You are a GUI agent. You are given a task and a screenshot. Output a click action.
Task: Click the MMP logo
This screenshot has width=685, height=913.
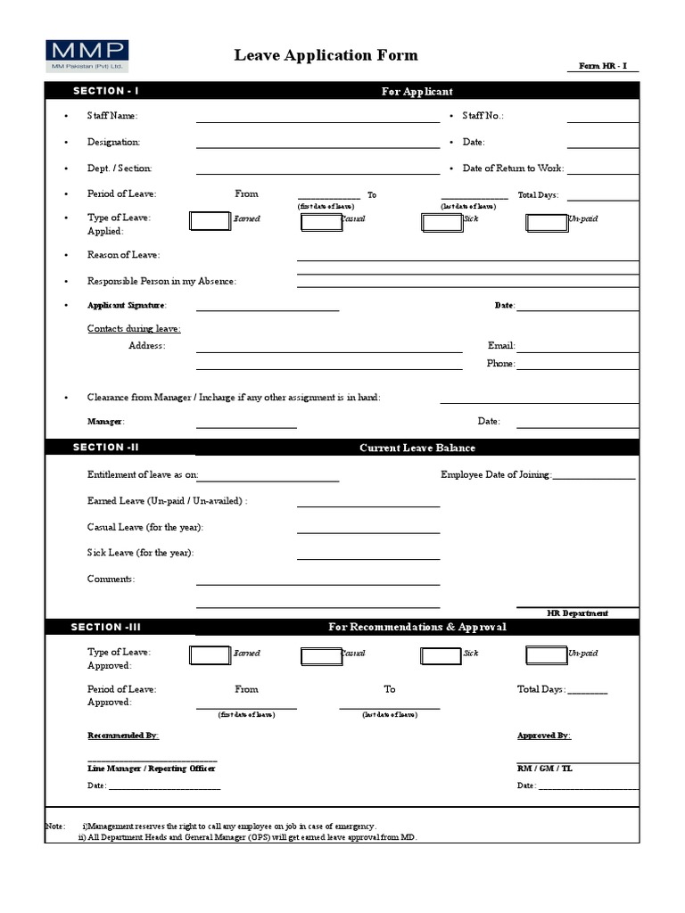(x=87, y=55)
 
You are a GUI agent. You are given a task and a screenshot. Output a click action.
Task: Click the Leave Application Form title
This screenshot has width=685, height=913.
(x=326, y=55)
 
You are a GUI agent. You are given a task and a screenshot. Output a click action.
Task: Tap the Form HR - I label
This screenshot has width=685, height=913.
(x=604, y=66)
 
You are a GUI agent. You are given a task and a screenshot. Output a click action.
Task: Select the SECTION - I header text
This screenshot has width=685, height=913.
(x=105, y=91)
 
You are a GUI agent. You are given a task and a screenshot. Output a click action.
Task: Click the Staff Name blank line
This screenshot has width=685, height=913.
(x=318, y=117)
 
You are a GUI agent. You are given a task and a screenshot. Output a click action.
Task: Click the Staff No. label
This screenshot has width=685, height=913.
(x=483, y=116)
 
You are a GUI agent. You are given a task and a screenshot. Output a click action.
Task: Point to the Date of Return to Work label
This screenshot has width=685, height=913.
(x=513, y=169)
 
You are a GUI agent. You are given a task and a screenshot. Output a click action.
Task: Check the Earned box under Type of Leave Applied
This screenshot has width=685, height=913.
(x=210, y=221)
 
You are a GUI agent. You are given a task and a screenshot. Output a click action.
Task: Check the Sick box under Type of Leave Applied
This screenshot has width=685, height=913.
(x=441, y=221)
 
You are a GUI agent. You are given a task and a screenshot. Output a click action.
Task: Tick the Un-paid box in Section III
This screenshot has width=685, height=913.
(x=546, y=656)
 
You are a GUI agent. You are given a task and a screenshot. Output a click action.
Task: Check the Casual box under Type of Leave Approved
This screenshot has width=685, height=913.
(x=321, y=656)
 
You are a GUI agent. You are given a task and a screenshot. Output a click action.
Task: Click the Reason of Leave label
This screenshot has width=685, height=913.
(x=123, y=256)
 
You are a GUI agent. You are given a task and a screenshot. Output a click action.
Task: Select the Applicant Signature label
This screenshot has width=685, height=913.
(x=127, y=306)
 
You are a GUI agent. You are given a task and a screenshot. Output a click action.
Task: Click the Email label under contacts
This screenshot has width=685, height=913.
(x=501, y=346)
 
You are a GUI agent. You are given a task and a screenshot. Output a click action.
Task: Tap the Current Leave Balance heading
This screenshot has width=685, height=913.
(x=417, y=448)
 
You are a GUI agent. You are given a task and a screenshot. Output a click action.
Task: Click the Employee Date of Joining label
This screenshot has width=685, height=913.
(x=496, y=475)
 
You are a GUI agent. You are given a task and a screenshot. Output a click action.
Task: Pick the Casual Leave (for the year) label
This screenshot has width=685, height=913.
(x=144, y=528)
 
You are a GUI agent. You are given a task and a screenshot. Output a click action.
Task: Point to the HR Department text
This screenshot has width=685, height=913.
(x=577, y=613)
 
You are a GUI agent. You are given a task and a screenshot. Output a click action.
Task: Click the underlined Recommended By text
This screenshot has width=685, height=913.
(x=122, y=736)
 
